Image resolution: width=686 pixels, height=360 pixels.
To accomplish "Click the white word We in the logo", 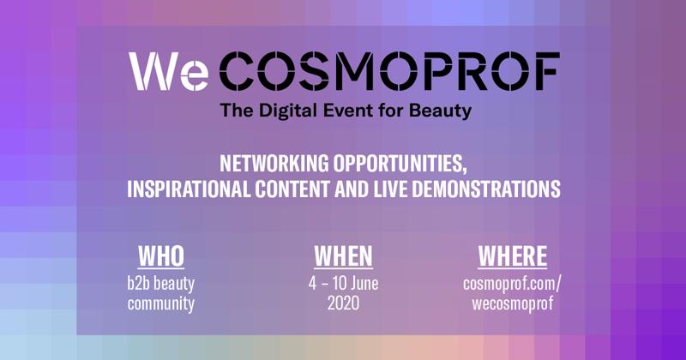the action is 168,72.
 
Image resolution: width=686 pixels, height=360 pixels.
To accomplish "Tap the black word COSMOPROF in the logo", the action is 389,71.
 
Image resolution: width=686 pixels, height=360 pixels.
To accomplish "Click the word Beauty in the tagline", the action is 440,111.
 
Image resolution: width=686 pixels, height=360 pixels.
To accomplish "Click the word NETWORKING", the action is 274,164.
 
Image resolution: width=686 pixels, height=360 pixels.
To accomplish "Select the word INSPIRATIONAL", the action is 189,189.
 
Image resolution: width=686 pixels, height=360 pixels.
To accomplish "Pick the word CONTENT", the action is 292,189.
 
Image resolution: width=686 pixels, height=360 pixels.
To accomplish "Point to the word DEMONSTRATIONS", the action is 486,189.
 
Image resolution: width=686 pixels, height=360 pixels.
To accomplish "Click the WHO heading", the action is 161,257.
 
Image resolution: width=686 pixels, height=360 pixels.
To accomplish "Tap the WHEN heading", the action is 344,257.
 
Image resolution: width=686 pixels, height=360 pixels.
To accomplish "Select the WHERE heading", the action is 512,257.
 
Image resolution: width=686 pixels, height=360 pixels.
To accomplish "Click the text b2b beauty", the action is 161,284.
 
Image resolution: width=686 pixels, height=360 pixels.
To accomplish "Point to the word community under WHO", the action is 161,304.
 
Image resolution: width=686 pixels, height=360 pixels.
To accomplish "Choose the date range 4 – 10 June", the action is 344,284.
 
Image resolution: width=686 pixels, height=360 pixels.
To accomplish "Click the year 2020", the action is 344,303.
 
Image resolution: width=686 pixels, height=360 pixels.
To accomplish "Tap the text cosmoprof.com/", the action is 512,284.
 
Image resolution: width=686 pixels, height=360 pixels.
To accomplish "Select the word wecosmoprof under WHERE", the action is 512,303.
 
